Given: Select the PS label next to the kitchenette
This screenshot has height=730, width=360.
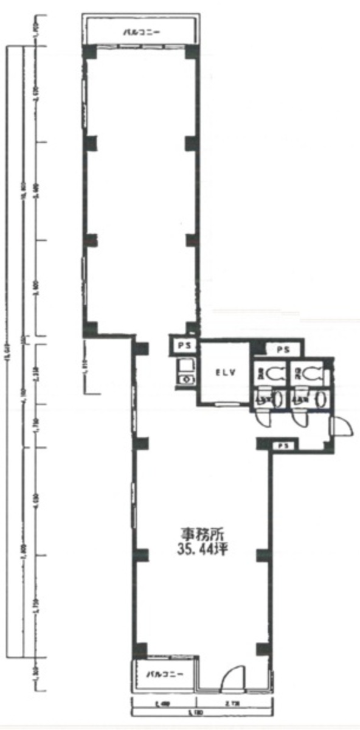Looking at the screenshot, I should coord(182,346).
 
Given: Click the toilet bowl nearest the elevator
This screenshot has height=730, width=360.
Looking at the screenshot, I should coord(274,375).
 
